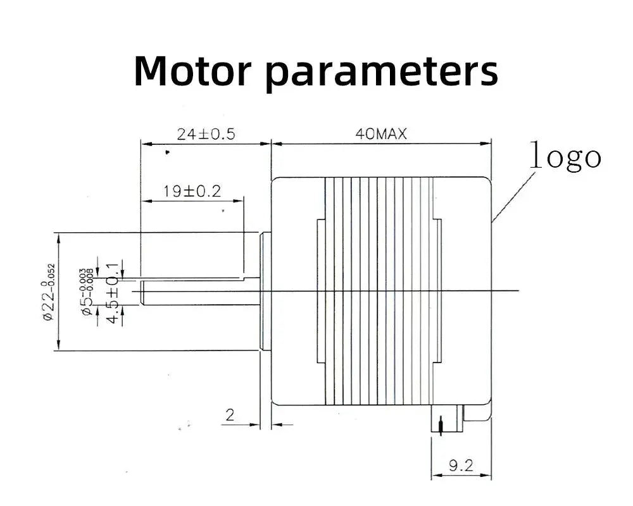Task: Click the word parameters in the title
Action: tap(381, 72)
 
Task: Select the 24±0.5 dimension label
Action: tap(205, 134)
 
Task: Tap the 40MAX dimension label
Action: tap(381, 134)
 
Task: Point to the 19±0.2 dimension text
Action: tap(192, 191)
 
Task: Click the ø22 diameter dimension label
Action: tap(49, 292)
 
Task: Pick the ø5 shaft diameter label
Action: tap(87, 288)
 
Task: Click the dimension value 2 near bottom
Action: tap(230, 415)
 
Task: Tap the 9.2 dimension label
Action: tap(461, 466)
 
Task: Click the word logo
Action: tap(565, 156)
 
